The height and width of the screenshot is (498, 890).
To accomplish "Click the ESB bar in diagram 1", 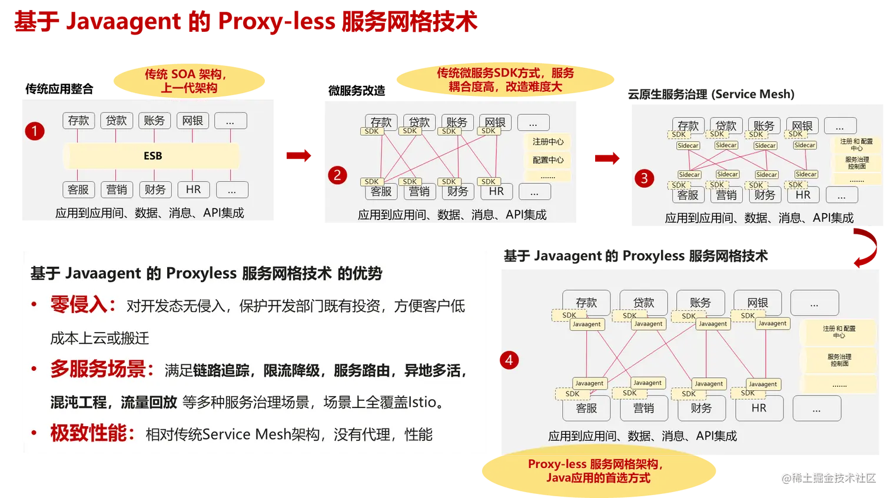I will click(x=152, y=156).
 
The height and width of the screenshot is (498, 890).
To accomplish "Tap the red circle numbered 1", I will click(x=35, y=131).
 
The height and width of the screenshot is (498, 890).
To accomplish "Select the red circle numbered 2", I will click(x=337, y=175).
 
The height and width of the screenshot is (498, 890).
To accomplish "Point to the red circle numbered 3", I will click(x=644, y=178).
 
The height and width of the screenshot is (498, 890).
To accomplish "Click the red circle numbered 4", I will click(x=509, y=360).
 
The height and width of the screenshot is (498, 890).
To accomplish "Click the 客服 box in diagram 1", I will click(x=78, y=190).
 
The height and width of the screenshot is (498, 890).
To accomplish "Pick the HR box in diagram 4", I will click(x=759, y=408).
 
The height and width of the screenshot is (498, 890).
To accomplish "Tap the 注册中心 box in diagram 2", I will click(x=547, y=142).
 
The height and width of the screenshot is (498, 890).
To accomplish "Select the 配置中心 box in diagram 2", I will click(x=547, y=160).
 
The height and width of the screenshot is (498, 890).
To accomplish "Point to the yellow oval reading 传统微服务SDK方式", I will click(x=505, y=79).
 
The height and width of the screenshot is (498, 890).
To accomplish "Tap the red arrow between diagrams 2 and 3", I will click(x=607, y=158).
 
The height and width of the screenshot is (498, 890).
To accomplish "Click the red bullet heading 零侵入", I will click(x=79, y=305).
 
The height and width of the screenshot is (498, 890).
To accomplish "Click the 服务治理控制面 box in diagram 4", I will click(x=839, y=360).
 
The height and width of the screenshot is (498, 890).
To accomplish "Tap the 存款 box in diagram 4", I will click(x=586, y=302).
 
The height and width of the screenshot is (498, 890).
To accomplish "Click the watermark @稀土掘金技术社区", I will click(x=828, y=477).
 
